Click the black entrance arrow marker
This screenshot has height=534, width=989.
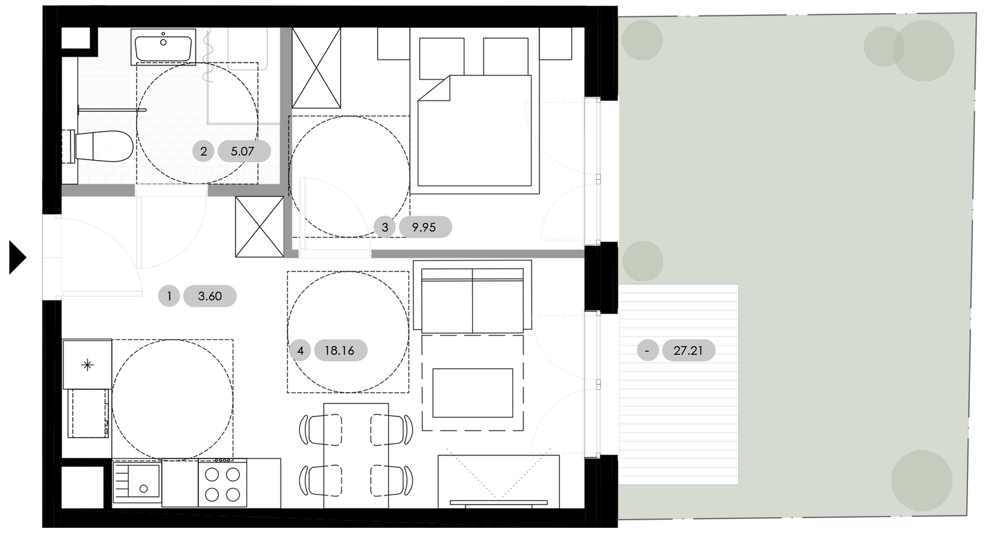17,258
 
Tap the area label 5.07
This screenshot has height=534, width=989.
242,151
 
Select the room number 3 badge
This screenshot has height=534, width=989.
384,227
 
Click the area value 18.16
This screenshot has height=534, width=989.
339,351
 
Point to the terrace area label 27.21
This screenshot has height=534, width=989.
688,351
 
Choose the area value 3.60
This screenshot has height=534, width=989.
210,296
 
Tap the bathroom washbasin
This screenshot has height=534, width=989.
163,47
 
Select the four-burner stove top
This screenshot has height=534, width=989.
223,483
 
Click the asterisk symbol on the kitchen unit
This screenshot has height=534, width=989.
88,365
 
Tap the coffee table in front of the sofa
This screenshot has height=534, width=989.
472,393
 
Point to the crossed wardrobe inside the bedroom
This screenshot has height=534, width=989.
316,68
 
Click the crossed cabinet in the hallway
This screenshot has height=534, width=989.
259,226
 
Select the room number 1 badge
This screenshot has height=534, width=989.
169,296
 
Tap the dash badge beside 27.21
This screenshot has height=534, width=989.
648,351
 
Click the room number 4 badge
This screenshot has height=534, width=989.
300,351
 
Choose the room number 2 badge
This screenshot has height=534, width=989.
203,151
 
